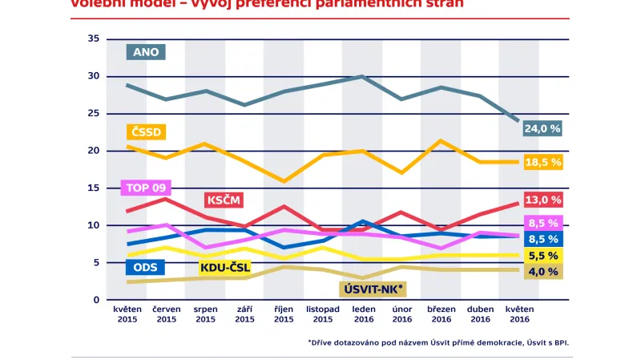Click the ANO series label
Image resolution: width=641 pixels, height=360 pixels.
[x=147, y=52]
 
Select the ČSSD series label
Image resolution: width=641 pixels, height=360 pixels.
[x=146, y=132]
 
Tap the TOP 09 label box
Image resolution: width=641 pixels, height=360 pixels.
[x=145, y=188]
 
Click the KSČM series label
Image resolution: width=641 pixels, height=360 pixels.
[x=224, y=200]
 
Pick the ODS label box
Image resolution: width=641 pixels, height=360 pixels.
[x=145, y=268]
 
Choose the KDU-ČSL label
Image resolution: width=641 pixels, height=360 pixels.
[x=224, y=268]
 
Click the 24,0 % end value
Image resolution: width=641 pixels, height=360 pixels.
[x=542, y=128]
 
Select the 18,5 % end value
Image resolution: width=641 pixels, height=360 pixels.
[x=542, y=162]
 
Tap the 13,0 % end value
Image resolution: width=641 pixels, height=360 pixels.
[x=542, y=199]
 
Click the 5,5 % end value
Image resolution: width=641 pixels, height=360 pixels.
[x=542, y=255]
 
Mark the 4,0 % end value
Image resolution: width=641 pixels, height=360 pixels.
[x=542, y=272]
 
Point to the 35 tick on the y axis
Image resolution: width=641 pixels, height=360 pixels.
[x=94, y=38]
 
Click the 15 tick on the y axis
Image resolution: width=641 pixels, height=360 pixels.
[x=94, y=188]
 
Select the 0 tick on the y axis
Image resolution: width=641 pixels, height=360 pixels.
[x=96, y=300]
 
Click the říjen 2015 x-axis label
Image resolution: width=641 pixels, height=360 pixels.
[x=284, y=313]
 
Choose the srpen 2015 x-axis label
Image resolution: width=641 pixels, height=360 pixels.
[x=205, y=313]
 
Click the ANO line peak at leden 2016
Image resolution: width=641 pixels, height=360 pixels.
[x=362, y=76]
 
